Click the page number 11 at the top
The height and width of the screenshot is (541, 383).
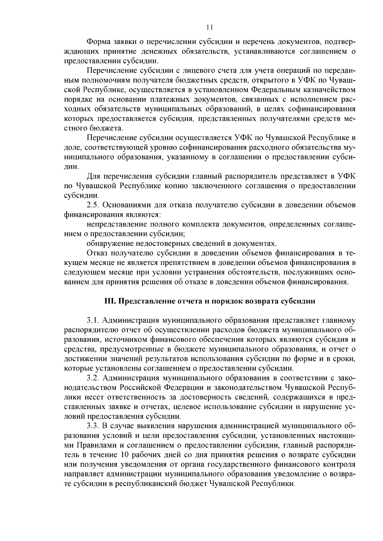point(209,27)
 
